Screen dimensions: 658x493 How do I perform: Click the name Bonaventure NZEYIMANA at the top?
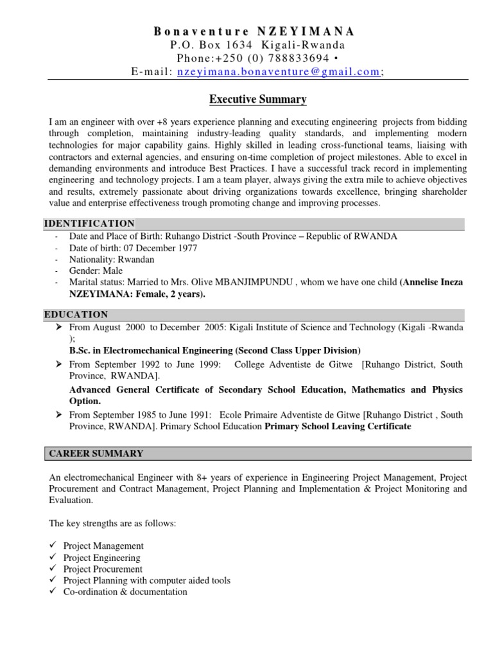click(x=254, y=31)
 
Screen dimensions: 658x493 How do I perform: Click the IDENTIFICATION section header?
click(x=89, y=224)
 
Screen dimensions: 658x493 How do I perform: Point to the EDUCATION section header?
click(x=76, y=314)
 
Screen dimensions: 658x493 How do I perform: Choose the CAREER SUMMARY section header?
click(x=96, y=454)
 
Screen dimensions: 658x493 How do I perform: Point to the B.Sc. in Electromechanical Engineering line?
click(x=214, y=350)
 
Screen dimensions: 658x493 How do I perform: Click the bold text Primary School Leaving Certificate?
click(x=338, y=426)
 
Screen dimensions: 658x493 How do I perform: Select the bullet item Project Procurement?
click(x=103, y=569)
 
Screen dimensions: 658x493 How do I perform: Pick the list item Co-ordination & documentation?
click(x=125, y=592)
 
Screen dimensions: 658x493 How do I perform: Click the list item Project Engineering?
click(x=101, y=558)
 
